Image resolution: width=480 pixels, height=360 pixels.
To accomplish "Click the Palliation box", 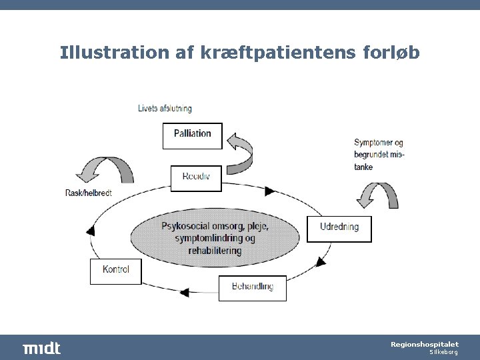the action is (x=192, y=134).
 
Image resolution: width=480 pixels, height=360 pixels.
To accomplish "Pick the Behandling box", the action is (x=252, y=287).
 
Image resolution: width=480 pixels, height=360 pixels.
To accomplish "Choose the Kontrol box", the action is (x=116, y=271).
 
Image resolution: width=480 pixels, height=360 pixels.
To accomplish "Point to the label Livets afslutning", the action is (x=165, y=109).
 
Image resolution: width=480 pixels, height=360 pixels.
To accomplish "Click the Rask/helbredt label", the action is (x=88, y=193).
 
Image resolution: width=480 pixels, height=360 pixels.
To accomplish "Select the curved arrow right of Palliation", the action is (x=242, y=150).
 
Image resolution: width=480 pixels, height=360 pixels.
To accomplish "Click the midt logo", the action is (x=41, y=348).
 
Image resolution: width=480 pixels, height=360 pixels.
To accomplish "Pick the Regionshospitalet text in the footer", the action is (x=424, y=344).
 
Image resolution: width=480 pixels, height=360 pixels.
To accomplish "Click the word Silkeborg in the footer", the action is (x=442, y=352).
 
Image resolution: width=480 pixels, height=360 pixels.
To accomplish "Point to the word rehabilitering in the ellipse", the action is (x=215, y=251).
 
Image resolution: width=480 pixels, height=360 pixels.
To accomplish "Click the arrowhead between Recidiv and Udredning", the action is (x=269, y=191).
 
